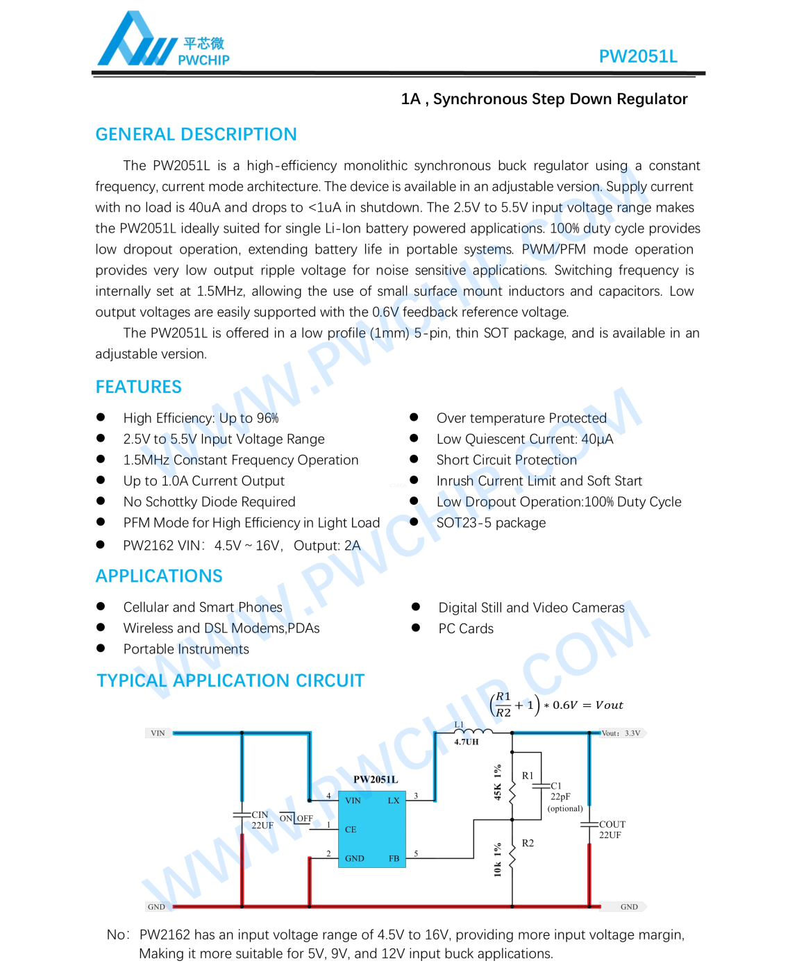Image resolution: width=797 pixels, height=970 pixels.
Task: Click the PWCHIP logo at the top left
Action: click(162, 42)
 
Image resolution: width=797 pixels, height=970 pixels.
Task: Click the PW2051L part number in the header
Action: click(637, 56)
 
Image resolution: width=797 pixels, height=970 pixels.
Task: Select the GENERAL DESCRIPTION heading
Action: click(196, 134)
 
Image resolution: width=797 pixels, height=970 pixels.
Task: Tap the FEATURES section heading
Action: click(138, 387)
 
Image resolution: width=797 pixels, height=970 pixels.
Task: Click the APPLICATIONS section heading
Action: click(159, 576)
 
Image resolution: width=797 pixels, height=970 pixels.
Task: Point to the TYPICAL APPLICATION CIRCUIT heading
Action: click(230, 680)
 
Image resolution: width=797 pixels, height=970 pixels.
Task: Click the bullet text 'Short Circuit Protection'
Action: click(506, 460)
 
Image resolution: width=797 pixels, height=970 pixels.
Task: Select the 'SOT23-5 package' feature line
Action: click(491, 523)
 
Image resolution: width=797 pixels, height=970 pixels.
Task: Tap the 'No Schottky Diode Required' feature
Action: click(209, 502)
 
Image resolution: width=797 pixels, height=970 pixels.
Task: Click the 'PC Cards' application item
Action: click(466, 629)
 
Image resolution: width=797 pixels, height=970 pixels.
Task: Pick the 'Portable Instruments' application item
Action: click(186, 649)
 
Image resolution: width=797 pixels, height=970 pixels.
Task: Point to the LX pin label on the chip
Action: click(394, 801)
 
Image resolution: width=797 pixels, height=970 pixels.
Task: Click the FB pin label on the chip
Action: click(394, 859)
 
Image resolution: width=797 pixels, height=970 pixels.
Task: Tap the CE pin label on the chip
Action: click(351, 830)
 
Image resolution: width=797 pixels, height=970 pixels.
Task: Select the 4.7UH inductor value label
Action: click(467, 742)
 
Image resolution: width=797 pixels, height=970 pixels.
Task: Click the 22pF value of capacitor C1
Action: click(560, 797)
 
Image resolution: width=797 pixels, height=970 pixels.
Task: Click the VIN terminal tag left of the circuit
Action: click(158, 733)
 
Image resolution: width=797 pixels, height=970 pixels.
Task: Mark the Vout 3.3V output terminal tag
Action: click(621, 733)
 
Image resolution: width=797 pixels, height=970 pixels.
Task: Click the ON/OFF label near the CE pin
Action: click(296, 819)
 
